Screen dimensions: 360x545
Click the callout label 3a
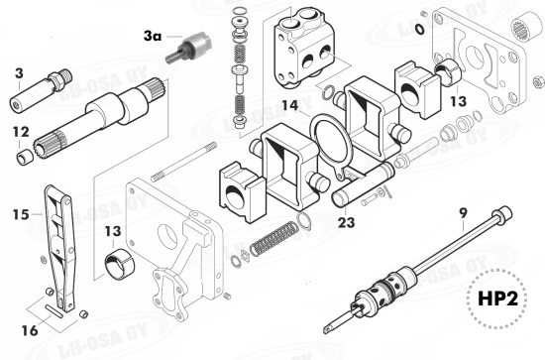[x=152, y=36]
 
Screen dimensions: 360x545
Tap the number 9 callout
[x=463, y=210]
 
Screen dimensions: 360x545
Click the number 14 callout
[x=288, y=104]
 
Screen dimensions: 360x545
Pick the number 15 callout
[x=20, y=212]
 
